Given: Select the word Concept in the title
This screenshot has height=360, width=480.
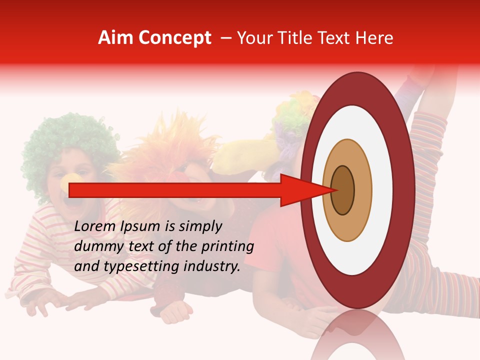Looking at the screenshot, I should click(x=175, y=38).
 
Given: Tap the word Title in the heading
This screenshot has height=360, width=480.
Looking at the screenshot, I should click(x=296, y=38).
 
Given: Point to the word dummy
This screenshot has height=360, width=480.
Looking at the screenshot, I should click(x=95, y=246).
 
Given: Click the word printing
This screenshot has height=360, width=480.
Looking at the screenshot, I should click(x=227, y=246).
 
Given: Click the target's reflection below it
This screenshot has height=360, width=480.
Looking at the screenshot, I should click(x=357, y=335).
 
